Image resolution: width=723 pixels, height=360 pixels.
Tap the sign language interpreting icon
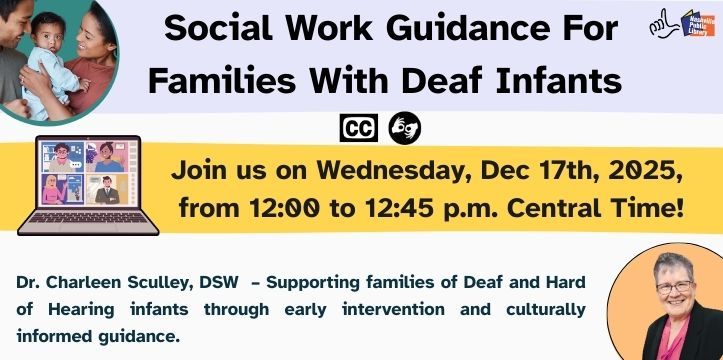(x=405, y=127)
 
